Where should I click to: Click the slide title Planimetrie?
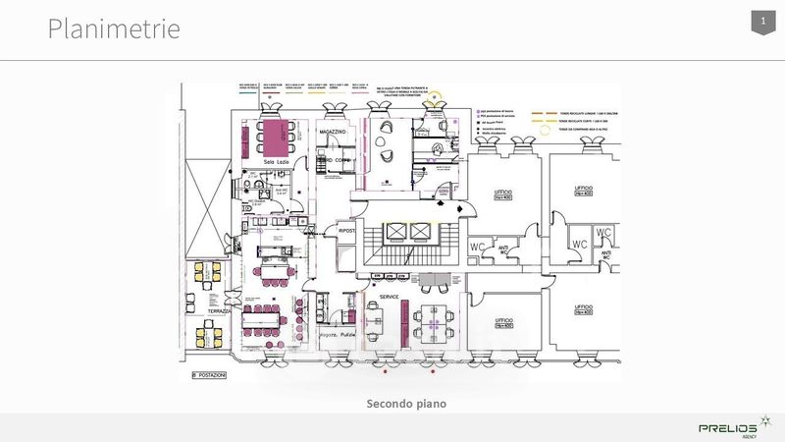115,28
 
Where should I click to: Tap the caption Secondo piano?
405,403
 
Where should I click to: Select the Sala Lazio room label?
261,160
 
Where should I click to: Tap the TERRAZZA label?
219,310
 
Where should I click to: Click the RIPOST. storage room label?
345,233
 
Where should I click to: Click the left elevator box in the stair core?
396,231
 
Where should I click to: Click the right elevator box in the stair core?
422,231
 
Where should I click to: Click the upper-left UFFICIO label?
503,193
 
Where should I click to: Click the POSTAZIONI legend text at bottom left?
209,375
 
